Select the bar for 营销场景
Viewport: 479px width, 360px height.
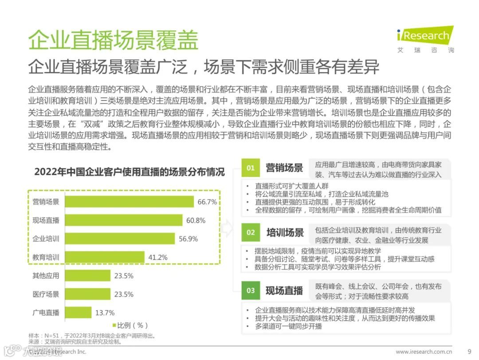(130, 202)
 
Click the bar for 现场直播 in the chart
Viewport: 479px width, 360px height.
(124, 220)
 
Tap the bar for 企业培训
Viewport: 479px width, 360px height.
(120, 239)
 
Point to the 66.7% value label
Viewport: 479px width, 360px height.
(207, 202)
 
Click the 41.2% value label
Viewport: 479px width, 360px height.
(157, 257)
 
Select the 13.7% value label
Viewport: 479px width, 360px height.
(105, 312)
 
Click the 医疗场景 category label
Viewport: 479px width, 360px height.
(46, 294)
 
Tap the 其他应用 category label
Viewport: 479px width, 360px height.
(46, 276)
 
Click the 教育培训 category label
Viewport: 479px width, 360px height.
(46, 257)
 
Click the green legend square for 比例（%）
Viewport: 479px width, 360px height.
(114, 325)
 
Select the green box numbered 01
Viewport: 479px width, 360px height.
(251, 168)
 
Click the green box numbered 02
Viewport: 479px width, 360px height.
(251, 232)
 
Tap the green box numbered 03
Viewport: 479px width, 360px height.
(251, 290)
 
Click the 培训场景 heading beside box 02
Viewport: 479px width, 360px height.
(285, 232)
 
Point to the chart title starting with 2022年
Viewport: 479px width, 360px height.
(130, 172)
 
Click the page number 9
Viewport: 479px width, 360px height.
(470, 351)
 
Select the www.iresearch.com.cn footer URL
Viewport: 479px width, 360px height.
(424, 352)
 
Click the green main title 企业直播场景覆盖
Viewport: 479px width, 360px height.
(113, 40)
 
